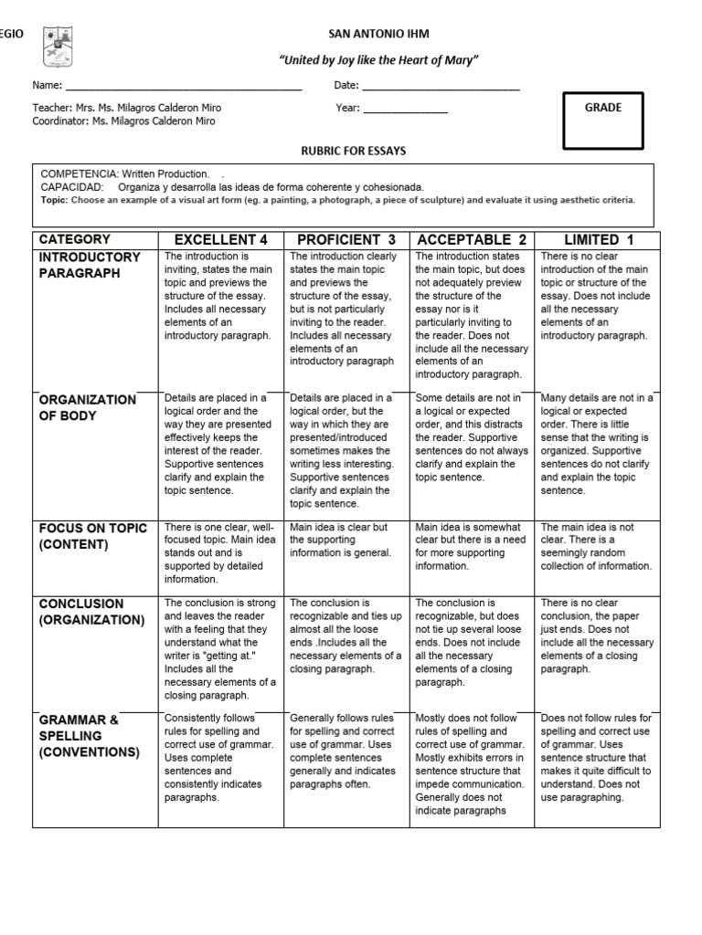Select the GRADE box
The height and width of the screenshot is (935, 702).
pyautogui.click(x=602, y=121)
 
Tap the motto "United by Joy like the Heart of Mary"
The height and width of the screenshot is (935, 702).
pyautogui.click(x=378, y=59)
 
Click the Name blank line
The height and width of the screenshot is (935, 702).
pyautogui.click(x=183, y=87)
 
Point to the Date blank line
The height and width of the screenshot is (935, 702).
pyautogui.click(x=441, y=87)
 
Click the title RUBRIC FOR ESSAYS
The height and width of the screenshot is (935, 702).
pyautogui.click(x=354, y=150)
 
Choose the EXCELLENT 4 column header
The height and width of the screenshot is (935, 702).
pyautogui.click(x=221, y=240)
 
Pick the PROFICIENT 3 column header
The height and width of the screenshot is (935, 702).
pyautogui.click(x=346, y=240)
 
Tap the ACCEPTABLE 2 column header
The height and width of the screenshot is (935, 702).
pyautogui.click(x=472, y=240)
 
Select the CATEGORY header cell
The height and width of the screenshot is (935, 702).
pyautogui.click(x=75, y=239)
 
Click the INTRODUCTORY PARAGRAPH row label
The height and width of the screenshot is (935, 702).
pyautogui.click(x=90, y=266)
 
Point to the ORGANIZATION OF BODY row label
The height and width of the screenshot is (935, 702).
pyautogui.click(x=87, y=407)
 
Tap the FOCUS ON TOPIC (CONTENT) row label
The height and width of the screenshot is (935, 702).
pyautogui.click(x=87, y=536)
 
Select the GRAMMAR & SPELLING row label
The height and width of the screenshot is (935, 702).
pyautogui.click(x=89, y=736)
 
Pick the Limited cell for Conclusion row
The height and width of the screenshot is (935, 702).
pyautogui.click(x=597, y=636)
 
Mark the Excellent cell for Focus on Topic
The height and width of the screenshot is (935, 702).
pyautogui.click(x=220, y=552)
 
